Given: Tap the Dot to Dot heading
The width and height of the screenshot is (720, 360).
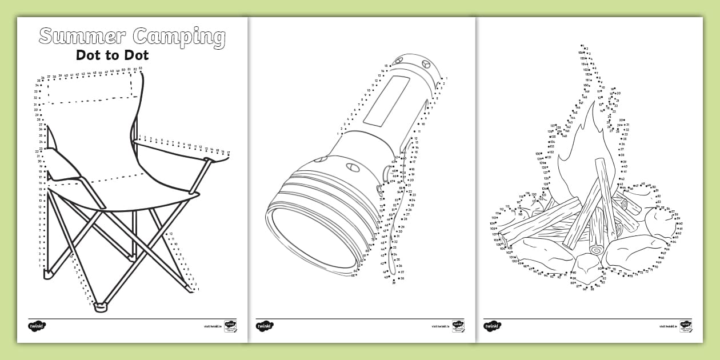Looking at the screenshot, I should (112, 55).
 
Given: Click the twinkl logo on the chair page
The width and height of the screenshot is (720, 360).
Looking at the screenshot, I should (37, 326).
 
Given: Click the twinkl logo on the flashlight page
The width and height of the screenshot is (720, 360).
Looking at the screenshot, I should (265, 326).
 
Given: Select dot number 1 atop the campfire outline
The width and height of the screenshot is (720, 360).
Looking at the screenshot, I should (581, 46).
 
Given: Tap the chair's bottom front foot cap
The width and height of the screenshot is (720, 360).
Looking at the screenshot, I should (101, 307).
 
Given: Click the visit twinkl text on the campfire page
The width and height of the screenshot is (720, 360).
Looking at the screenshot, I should (667, 327).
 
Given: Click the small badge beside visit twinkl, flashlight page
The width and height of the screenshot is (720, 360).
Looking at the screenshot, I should (458, 326).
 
